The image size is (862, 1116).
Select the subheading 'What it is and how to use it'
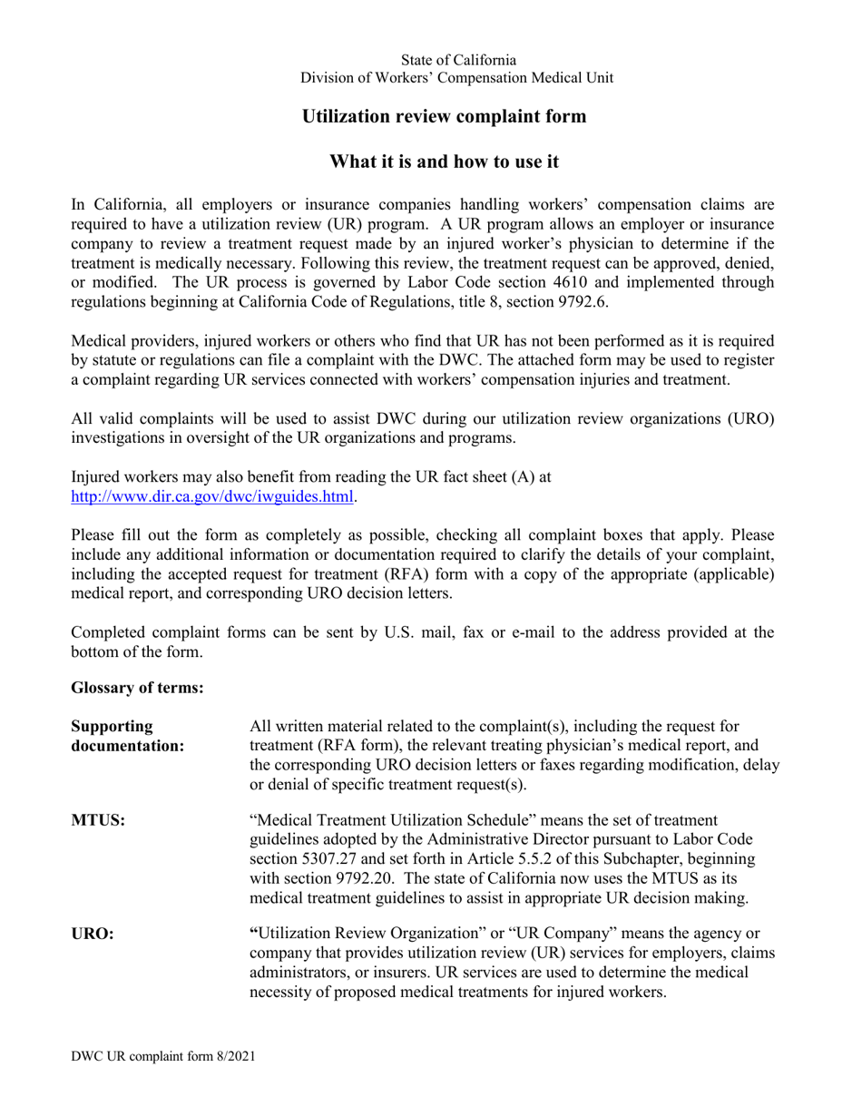pyautogui.click(x=444, y=162)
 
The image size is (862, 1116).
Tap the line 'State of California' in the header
pyautogui.click(x=458, y=60)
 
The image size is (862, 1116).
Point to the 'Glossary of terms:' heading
pyautogui.click(x=137, y=688)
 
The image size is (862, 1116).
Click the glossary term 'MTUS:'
pyautogui.click(x=98, y=821)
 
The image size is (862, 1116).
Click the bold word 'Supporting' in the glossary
pyautogui.click(x=112, y=727)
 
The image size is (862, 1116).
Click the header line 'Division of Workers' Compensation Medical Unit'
pyautogui.click(x=456, y=78)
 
